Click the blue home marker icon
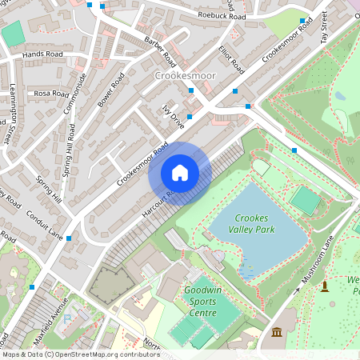pos(180,173)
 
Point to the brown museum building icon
pos(277,332)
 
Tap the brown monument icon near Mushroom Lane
pos(325,286)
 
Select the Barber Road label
pos(160,50)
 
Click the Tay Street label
pos(325,27)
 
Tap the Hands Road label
pos(42,54)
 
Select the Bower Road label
pos(110,90)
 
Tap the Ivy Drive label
pos(173,116)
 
